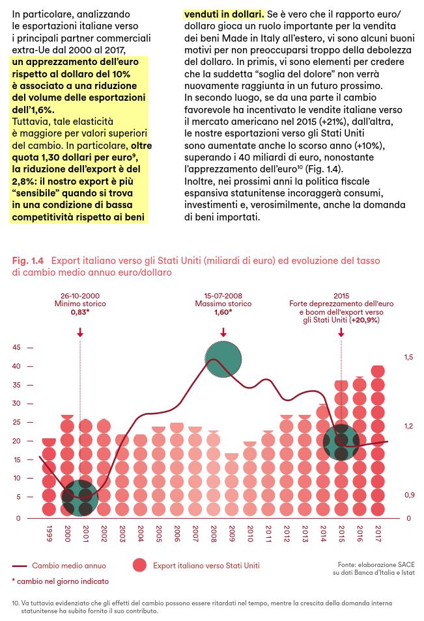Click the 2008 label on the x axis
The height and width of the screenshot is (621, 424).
[214, 533]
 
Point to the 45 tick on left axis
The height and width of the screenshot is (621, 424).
[16, 347]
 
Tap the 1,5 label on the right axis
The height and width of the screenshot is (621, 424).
[408, 357]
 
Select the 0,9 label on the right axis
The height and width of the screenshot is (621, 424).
[409, 495]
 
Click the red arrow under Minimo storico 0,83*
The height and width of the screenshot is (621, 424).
[80, 332]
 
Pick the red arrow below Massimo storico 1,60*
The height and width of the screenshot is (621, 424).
[223, 332]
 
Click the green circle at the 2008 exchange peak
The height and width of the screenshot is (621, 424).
[223, 359]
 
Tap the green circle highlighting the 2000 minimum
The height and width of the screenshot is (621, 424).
[80, 498]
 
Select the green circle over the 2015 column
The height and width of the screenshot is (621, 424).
[341, 442]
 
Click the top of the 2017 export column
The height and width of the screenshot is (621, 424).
[378, 367]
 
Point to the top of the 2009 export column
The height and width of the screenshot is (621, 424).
[232, 455]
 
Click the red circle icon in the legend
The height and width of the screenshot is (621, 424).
[139, 565]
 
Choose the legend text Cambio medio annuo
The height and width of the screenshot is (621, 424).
[69, 566]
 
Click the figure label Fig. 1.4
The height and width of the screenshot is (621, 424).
[28, 261]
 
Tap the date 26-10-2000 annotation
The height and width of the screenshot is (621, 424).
[80, 295]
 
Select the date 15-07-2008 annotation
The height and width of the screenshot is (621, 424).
[223, 295]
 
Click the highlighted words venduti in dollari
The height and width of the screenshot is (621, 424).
[224, 14]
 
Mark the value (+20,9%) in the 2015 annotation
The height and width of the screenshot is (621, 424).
[365, 320]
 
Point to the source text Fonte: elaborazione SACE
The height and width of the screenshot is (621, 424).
[376, 564]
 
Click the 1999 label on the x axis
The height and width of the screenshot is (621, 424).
[49, 533]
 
